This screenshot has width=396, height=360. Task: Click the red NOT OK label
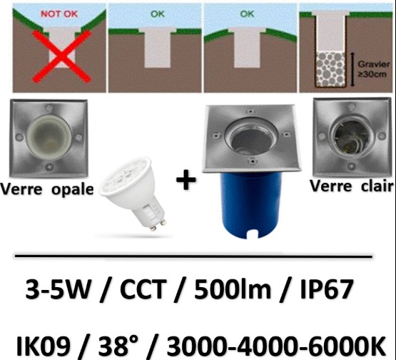(59, 14)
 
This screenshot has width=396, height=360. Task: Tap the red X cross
(61, 56)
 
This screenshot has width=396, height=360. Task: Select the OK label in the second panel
(158, 14)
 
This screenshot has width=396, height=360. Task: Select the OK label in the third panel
(247, 14)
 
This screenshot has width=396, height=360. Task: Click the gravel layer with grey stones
(330, 69)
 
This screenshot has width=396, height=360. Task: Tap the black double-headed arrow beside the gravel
(352, 69)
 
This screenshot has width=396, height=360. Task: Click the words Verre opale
(47, 189)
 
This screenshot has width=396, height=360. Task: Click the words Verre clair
(352, 186)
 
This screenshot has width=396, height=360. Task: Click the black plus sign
(186, 179)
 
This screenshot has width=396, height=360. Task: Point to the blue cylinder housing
(251, 205)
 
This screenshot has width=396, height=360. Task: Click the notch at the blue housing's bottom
(252, 234)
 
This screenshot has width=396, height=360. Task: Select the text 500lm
(232, 289)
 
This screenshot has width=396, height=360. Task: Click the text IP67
(326, 289)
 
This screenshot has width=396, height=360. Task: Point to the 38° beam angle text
(118, 345)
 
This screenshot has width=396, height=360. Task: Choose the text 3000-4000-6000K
(276, 345)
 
